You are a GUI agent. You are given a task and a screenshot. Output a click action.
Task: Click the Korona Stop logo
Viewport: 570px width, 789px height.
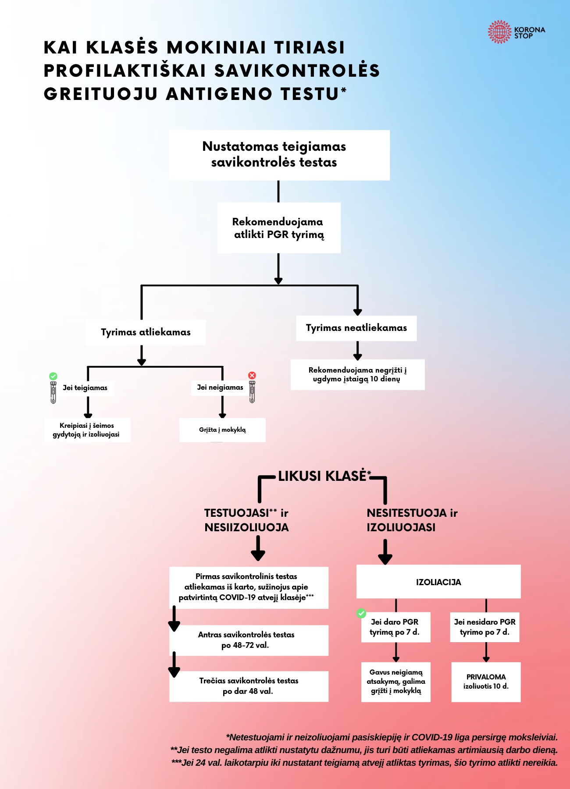pyautogui.click(x=516, y=32)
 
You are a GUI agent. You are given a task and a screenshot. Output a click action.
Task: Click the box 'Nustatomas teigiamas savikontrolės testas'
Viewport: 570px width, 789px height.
pyautogui.click(x=279, y=155)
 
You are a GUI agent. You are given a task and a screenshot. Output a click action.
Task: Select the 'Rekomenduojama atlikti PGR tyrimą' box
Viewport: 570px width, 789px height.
pyautogui.click(x=279, y=228)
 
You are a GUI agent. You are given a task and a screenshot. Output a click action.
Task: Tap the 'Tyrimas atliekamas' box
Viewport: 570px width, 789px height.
pyautogui.click(x=146, y=332)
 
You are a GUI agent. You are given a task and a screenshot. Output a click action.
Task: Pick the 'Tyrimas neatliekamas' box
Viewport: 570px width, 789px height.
pyautogui.click(x=356, y=328)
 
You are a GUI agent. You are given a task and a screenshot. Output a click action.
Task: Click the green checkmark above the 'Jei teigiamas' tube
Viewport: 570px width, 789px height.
pyautogui.click(x=53, y=376)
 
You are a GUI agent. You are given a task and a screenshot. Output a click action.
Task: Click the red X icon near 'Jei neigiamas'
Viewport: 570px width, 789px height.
pyautogui.click(x=252, y=375)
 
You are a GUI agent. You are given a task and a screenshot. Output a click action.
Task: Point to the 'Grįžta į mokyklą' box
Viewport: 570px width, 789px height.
pyautogui.click(x=222, y=430)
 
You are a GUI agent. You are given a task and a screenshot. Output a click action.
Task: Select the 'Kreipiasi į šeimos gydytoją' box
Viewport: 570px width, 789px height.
pyautogui.click(x=87, y=430)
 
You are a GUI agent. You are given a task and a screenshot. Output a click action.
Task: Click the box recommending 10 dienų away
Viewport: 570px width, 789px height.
pyautogui.click(x=357, y=375)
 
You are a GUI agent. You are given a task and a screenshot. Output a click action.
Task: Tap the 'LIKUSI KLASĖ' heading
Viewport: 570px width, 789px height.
pyautogui.click(x=322, y=476)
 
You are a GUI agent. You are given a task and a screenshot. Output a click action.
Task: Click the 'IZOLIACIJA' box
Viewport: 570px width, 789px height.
pyautogui.click(x=438, y=582)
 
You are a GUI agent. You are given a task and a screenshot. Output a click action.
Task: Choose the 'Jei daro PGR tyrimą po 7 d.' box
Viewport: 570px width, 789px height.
pyautogui.click(x=395, y=627)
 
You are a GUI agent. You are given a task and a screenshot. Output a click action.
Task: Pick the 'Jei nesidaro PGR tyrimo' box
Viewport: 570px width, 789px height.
pyautogui.click(x=484, y=627)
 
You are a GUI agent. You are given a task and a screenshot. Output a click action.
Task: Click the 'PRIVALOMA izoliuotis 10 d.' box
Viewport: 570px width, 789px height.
pyautogui.click(x=486, y=682)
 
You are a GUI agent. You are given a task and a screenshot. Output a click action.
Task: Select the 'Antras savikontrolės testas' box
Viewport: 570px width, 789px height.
pyautogui.click(x=248, y=640)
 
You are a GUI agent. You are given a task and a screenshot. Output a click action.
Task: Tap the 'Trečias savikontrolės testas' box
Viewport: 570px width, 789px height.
pyautogui.click(x=249, y=686)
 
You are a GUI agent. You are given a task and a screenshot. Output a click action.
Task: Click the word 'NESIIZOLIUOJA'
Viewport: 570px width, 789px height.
pyautogui.click(x=246, y=527)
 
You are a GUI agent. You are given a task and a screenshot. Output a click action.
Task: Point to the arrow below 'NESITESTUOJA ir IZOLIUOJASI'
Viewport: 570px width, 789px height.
pyautogui.click(x=385, y=552)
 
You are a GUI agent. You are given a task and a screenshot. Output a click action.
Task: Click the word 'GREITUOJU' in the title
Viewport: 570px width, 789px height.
pyautogui.click(x=100, y=94)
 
